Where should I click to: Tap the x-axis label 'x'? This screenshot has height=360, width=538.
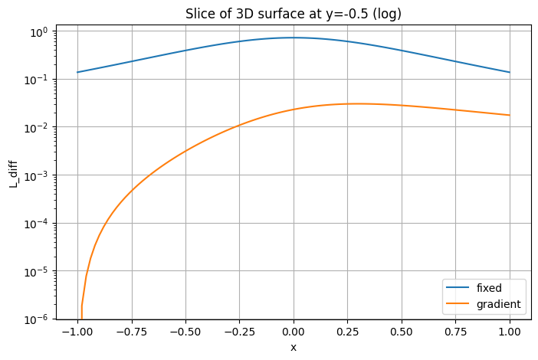pos(293,347)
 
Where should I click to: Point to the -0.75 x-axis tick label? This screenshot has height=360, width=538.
pos(130,332)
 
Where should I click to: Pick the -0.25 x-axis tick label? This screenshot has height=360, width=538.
pos(238,332)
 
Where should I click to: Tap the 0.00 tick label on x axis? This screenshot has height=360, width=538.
pos(294,332)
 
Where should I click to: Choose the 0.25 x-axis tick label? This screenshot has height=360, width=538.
pos(348,332)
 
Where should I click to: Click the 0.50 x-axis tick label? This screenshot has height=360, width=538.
pos(402,332)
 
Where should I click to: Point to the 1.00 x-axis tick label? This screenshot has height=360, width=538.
pos(510,332)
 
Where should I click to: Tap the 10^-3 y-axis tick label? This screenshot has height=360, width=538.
pos(36,175)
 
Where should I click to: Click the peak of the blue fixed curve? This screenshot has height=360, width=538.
pos(294,38)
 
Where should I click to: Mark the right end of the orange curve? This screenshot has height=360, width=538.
pos(510,115)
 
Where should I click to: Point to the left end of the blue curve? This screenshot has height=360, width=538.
pos(77,72)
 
